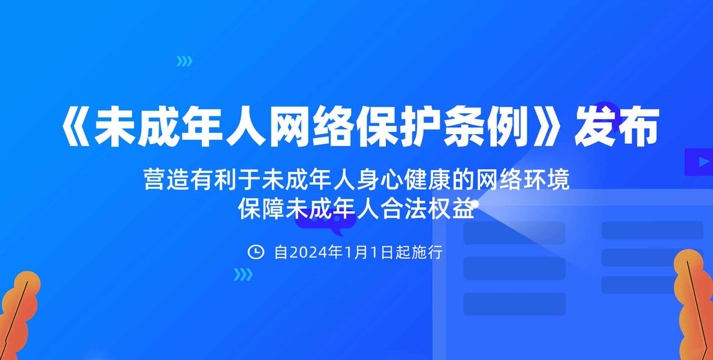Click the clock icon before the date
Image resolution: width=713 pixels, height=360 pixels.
pos(256,252)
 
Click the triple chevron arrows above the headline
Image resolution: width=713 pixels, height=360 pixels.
pos(185,61)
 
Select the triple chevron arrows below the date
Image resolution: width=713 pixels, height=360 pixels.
pos(243,275)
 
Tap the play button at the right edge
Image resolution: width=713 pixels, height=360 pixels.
pos(699,162)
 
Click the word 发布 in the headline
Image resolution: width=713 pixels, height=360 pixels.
pos(617,127)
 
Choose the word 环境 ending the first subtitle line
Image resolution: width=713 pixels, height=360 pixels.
pos(547,180)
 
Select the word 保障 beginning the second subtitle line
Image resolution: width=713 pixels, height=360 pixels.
pos(261,209)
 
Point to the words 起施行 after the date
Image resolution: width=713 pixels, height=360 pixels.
pos(419,253)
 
